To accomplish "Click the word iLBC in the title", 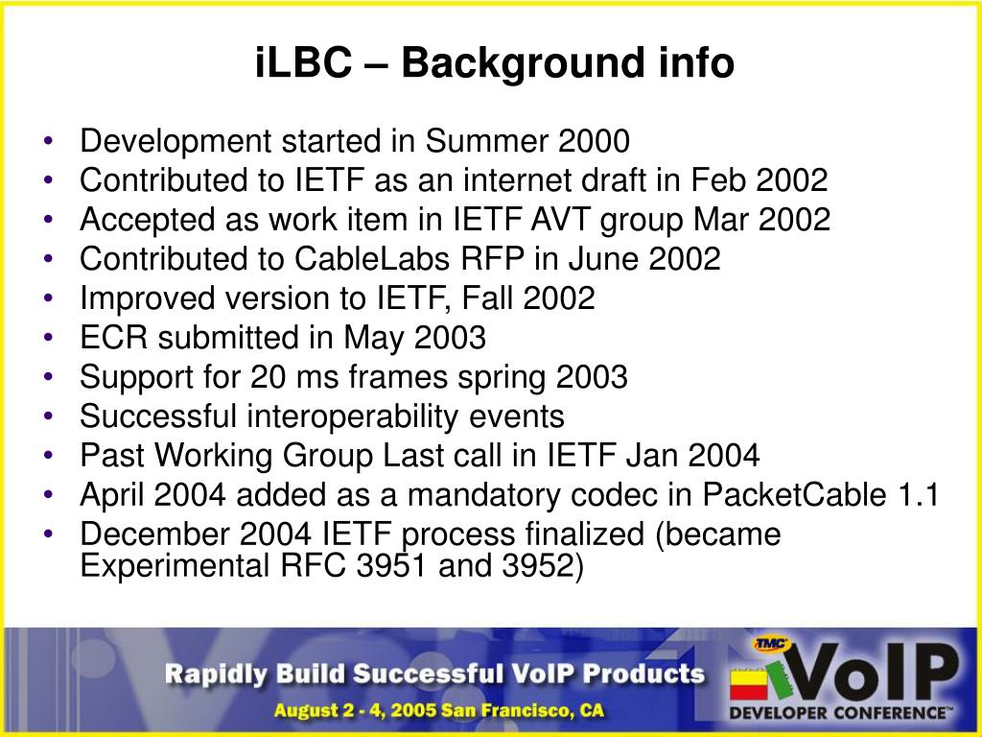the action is (x=303, y=62).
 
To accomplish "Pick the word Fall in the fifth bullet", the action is (x=486, y=297).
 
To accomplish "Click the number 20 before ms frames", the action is (x=269, y=376).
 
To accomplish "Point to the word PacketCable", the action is (x=794, y=494).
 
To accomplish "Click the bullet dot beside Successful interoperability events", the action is (x=49, y=416).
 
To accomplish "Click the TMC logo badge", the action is (x=772, y=644).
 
